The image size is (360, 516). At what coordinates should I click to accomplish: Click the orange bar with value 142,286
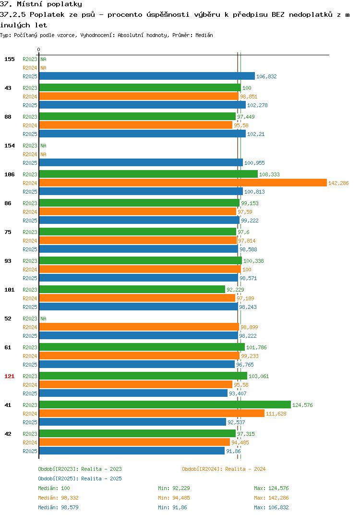tap(183, 183)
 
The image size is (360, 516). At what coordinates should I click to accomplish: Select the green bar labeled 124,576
tap(165, 405)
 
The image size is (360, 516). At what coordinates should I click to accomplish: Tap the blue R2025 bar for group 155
tap(147, 76)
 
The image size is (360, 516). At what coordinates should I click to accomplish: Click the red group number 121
tap(10, 376)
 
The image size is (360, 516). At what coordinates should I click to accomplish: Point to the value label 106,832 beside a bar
tap(266, 76)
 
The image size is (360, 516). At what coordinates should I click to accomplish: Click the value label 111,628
tap(276, 414)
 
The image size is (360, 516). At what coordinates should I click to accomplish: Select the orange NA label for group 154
tap(43, 154)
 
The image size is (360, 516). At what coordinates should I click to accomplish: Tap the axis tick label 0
tap(38, 49)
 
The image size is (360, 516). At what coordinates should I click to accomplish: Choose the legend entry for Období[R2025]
tap(80, 479)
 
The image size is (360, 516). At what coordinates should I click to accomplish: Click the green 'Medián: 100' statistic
tap(54, 488)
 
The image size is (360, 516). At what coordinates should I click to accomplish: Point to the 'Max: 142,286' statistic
tap(271, 498)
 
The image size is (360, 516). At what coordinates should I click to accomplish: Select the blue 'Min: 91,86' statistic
tap(172, 507)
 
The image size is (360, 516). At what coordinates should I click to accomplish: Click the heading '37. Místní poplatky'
tap(41, 4)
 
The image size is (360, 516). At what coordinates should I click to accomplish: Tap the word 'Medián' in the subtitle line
tap(204, 35)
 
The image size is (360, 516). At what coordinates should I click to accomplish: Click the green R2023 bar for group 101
tap(132, 290)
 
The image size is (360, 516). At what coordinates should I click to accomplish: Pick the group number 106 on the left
tap(10, 174)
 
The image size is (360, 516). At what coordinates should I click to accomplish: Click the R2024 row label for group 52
tap(30, 327)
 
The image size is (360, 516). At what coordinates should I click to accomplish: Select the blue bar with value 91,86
tap(132, 451)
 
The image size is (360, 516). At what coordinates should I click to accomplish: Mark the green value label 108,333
tap(269, 174)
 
